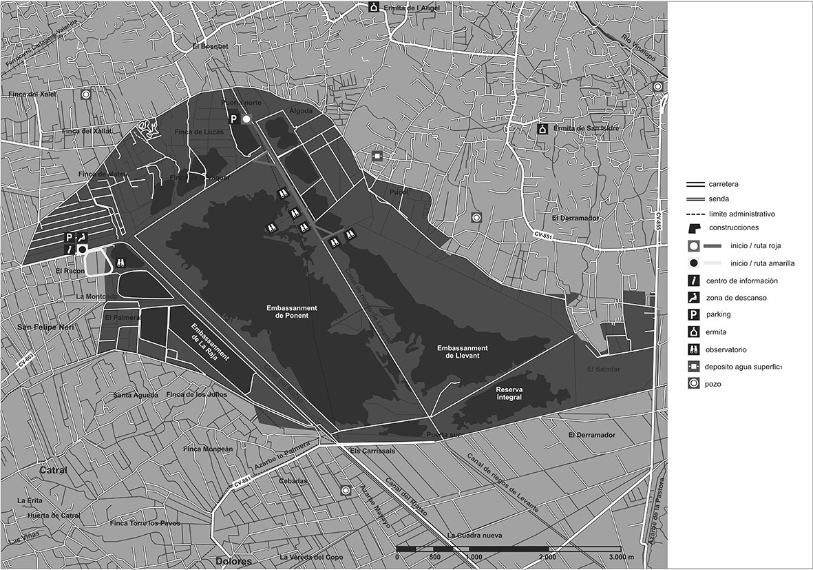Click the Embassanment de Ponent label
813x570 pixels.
(x=288, y=311)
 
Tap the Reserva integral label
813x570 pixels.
(x=509, y=393)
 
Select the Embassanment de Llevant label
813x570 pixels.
(x=463, y=352)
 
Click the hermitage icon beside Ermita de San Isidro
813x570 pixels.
(x=542, y=129)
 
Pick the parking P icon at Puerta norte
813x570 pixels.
(x=233, y=119)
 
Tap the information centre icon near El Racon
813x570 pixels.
(x=69, y=249)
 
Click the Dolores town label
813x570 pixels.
(x=233, y=561)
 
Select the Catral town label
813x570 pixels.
(x=52, y=471)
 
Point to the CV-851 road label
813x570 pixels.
(x=544, y=236)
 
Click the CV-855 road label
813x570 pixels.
(x=657, y=221)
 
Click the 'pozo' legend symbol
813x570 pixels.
(x=694, y=383)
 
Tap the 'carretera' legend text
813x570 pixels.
(x=724, y=185)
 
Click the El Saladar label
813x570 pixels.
(x=603, y=369)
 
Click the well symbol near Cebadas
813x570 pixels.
(x=346, y=490)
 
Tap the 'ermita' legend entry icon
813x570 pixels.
(x=694, y=332)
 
